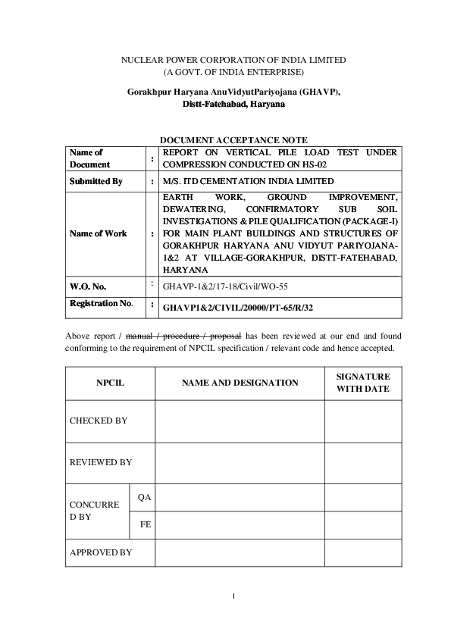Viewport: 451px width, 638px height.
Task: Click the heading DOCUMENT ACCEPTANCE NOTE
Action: point(233,140)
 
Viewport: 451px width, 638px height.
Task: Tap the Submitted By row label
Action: point(96,182)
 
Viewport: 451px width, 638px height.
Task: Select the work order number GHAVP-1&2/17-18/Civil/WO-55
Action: point(225,288)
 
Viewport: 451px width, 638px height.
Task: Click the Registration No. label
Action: point(102,303)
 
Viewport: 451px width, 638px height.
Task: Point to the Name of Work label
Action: point(99,233)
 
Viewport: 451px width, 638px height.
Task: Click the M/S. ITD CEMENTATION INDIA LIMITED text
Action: point(248,182)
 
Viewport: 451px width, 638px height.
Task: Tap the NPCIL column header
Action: point(110,383)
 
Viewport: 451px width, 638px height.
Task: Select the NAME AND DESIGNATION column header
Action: point(240,383)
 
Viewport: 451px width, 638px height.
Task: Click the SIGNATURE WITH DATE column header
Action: point(363,383)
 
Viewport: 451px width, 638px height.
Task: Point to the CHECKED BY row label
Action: point(99,421)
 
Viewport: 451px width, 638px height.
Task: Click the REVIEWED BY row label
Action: point(101,462)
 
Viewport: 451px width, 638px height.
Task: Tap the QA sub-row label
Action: point(144,497)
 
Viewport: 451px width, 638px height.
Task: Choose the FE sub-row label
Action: point(144,524)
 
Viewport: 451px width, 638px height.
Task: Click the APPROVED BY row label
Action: point(101,552)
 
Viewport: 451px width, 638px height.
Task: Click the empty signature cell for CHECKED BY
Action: point(363,421)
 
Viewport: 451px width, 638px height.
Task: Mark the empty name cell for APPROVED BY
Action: point(240,552)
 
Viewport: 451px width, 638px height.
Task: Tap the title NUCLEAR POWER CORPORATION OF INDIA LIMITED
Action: point(234,59)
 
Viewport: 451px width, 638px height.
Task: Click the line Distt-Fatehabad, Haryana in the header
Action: point(233,103)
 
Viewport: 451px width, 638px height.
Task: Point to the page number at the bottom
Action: point(234,596)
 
